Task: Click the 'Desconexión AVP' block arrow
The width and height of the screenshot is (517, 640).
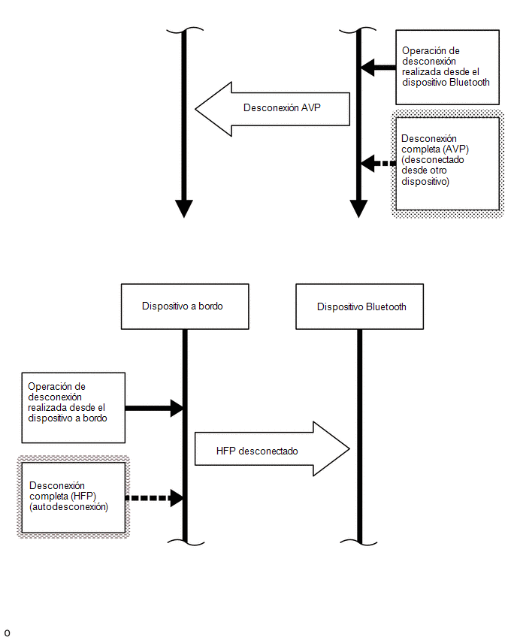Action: coord(272,109)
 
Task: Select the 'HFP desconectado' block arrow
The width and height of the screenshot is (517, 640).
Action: coord(272,449)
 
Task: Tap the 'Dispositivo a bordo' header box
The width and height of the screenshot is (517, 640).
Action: coord(185,306)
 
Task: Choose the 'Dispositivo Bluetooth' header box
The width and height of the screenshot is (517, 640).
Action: coord(359,306)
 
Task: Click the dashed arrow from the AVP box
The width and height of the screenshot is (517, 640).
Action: coord(379,163)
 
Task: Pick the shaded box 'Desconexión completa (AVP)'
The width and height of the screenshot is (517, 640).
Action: coord(448,164)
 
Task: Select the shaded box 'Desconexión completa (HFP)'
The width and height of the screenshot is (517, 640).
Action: coord(73,497)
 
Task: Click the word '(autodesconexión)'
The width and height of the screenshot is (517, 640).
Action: coord(68,507)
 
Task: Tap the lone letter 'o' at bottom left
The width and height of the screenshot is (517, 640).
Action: coord(7,633)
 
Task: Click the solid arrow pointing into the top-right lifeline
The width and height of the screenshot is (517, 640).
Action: coord(379,68)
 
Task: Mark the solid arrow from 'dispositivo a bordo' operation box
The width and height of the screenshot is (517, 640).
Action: coord(154,408)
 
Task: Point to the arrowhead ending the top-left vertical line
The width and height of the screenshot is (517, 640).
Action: coord(184,209)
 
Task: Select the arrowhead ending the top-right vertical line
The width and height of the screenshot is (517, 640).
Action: coord(358,209)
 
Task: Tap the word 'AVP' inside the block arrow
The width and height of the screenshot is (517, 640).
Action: coord(311,107)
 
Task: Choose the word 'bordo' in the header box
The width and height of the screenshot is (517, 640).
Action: coord(210,306)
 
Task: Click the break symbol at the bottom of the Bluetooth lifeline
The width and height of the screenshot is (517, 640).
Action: coord(359,542)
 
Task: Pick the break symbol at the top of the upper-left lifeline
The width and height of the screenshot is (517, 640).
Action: coord(185,30)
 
